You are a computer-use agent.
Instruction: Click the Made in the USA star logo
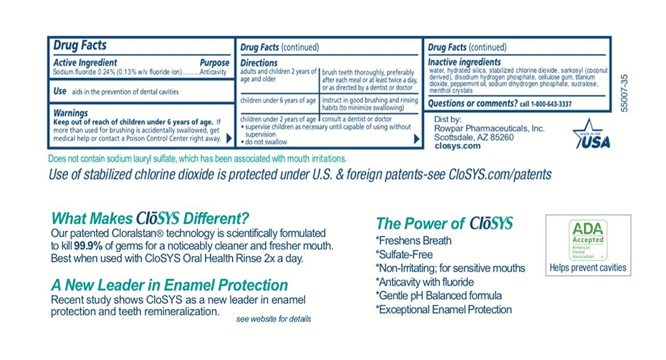[592, 135]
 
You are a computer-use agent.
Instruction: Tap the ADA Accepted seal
[588, 240]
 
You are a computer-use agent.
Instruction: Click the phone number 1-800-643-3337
[551, 104]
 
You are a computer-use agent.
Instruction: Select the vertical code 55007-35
[624, 93]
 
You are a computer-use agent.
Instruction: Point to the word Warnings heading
[71, 113]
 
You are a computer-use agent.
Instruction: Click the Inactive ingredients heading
[464, 62]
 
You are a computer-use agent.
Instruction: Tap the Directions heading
[259, 63]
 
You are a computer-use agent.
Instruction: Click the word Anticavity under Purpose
[213, 72]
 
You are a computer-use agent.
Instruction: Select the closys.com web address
[457, 146]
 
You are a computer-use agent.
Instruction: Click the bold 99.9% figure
[88, 246]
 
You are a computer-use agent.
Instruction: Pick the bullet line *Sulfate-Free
[404, 254]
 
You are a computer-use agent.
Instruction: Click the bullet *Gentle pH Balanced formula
[439, 296]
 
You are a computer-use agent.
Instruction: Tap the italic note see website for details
[274, 319]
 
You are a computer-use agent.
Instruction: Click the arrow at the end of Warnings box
[229, 138]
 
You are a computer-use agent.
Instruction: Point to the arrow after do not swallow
[416, 139]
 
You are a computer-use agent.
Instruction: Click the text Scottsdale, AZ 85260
[474, 137]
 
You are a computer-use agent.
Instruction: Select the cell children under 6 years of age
[277, 100]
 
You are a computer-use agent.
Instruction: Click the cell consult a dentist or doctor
[357, 119]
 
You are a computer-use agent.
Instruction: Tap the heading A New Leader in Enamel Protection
[170, 285]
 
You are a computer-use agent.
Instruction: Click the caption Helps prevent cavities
[588, 268]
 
